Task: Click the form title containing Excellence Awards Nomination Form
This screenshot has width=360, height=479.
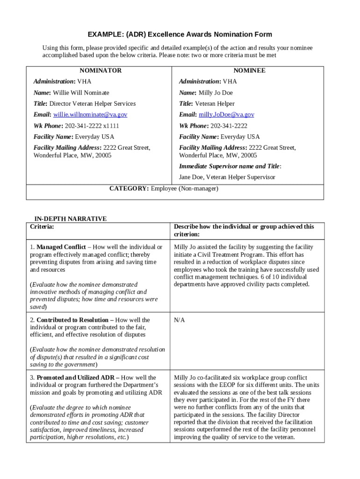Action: coord(180,35)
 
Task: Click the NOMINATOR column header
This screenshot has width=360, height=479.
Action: coord(100,71)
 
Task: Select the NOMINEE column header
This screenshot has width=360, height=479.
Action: coord(250,71)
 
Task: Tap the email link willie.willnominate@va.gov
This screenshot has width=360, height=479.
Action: coord(90,115)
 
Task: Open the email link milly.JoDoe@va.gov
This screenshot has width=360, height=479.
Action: coord(226,115)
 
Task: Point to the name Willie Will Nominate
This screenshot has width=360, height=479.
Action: coord(81,93)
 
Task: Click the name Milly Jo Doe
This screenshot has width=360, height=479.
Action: coord(216,93)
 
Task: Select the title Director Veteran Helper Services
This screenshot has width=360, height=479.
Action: coord(93,104)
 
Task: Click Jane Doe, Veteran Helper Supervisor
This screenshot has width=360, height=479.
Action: coord(227,177)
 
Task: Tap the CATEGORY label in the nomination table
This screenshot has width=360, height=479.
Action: coord(129,189)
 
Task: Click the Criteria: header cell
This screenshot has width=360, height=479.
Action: coord(42,227)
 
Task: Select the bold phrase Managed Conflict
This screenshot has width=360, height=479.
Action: coord(61,247)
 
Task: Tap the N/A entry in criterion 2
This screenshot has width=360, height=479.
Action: coord(180,320)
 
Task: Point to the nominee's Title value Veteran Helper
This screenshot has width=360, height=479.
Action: coord(215,104)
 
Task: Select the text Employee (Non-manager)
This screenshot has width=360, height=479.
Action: coord(185,189)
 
